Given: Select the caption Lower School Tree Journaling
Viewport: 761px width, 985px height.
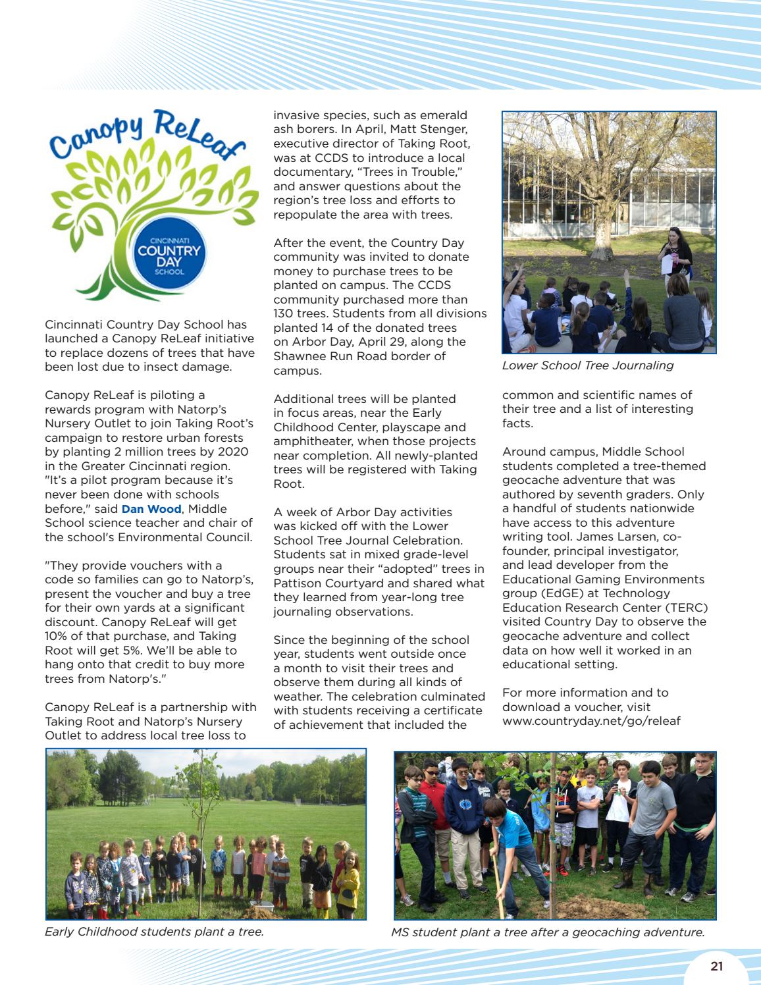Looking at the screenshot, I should pos(587,365).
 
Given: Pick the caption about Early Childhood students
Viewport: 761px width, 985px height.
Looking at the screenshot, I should pos(154,932).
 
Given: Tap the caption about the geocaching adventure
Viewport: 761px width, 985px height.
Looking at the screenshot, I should pos(547,932).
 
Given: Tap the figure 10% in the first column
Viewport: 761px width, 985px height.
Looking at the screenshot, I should pos(57,636).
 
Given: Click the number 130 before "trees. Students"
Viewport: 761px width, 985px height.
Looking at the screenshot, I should pos(284,313).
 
